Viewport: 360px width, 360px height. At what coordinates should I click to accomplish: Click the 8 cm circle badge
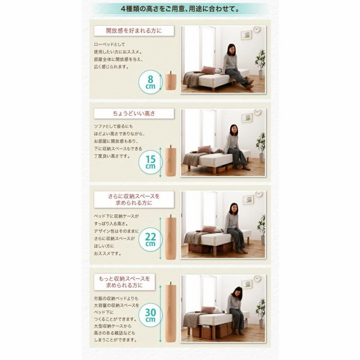(150, 82)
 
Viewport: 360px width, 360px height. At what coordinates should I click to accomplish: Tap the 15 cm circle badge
(150, 162)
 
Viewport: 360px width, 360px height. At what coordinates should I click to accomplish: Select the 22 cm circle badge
(150, 240)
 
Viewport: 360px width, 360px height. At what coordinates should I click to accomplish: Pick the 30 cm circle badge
(150, 315)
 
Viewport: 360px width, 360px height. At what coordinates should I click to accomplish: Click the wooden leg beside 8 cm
(171, 81)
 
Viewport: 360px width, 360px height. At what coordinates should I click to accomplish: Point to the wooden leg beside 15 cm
(171, 161)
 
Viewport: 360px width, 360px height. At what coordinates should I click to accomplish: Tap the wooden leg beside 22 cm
(171, 238)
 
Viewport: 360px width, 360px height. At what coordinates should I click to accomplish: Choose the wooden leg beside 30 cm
(171, 312)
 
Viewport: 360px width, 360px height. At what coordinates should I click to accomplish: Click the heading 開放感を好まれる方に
(134, 31)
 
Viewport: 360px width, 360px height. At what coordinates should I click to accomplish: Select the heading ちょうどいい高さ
(134, 113)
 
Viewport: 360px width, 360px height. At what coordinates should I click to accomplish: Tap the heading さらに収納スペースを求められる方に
(134, 199)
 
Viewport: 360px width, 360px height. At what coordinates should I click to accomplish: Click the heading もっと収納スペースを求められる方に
(125, 282)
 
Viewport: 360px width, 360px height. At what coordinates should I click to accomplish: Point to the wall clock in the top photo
(257, 29)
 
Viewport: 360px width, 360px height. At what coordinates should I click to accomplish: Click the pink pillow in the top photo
(208, 70)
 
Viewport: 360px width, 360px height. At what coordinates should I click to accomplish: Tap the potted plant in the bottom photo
(261, 313)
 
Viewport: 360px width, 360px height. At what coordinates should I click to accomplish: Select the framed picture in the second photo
(247, 117)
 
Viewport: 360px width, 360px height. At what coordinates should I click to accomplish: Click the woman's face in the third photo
(234, 209)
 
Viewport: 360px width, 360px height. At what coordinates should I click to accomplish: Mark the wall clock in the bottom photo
(257, 279)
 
